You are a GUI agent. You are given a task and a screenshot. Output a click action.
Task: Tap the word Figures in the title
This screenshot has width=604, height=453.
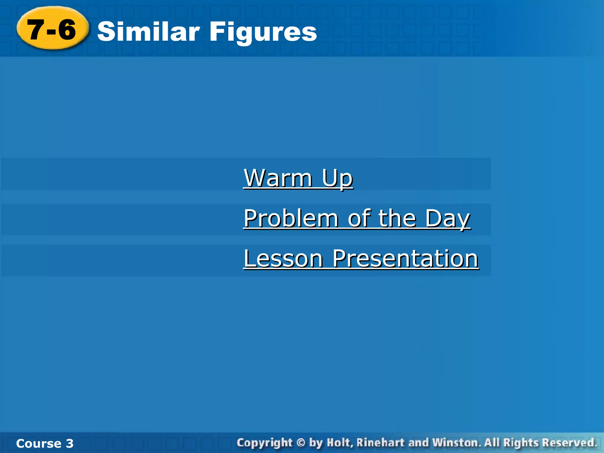click(x=263, y=32)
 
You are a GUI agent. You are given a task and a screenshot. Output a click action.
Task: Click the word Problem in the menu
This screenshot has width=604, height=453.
click(x=291, y=219)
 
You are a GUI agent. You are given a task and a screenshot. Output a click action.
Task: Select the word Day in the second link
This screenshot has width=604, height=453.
click(x=447, y=219)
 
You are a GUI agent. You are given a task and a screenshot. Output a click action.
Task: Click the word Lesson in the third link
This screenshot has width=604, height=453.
click(x=283, y=259)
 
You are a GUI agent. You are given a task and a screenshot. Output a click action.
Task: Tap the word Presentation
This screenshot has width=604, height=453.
click(x=405, y=259)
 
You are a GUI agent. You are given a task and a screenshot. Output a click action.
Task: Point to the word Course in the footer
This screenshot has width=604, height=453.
click(x=39, y=444)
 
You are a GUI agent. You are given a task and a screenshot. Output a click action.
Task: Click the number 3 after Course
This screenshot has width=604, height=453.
click(x=70, y=444)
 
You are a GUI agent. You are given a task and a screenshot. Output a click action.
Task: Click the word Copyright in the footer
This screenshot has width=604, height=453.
click(x=265, y=443)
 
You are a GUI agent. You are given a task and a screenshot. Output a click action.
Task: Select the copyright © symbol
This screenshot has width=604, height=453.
click(x=301, y=443)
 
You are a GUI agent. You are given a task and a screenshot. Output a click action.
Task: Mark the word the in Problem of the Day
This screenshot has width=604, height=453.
click(x=397, y=219)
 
